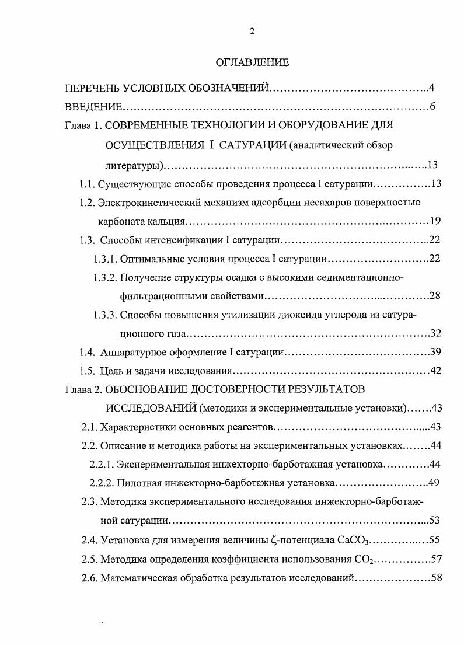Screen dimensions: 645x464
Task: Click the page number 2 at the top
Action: point(252,33)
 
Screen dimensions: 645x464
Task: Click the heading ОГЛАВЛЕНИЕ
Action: point(252,61)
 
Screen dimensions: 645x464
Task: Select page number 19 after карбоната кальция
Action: point(435,221)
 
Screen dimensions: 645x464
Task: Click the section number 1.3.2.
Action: point(106,277)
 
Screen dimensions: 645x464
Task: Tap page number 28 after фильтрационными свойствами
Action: point(435,295)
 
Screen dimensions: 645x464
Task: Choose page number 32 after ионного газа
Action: point(435,333)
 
